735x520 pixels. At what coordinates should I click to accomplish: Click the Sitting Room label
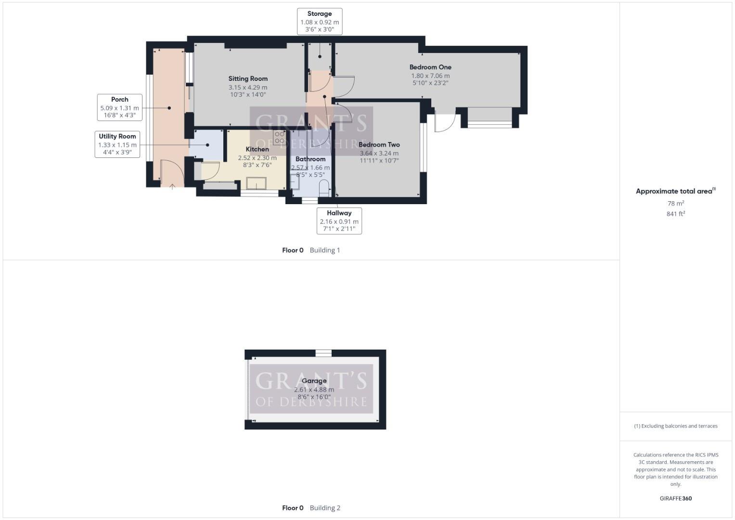(248, 78)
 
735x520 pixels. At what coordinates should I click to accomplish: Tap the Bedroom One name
(430, 67)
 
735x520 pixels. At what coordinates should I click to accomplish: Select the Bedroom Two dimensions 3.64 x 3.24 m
(379, 153)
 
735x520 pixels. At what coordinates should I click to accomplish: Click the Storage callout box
(320, 22)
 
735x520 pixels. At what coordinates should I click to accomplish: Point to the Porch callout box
(120, 107)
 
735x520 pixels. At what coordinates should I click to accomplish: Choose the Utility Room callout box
(117, 144)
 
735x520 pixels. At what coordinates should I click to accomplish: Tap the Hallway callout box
(339, 221)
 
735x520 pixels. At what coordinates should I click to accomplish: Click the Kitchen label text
(258, 149)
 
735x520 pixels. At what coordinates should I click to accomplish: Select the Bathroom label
(310, 159)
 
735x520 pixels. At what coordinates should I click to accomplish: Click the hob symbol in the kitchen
(279, 138)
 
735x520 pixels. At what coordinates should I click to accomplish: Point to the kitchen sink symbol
(256, 183)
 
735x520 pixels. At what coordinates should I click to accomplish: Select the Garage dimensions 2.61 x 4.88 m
(314, 390)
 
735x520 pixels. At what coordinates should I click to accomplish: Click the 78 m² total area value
(676, 203)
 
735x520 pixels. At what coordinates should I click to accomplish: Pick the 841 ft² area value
(676, 214)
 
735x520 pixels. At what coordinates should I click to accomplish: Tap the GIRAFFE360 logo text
(675, 498)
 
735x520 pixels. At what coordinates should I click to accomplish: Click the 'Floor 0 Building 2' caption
(311, 508)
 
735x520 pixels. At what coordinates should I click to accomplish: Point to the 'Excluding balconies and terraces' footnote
(675, 426)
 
